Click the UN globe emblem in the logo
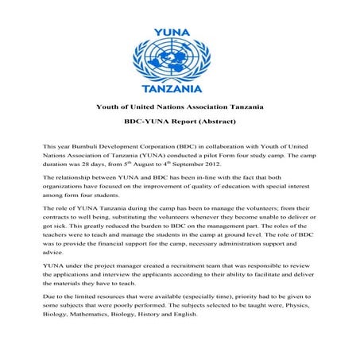click(180, 49)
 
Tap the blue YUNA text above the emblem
click(180, 14)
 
